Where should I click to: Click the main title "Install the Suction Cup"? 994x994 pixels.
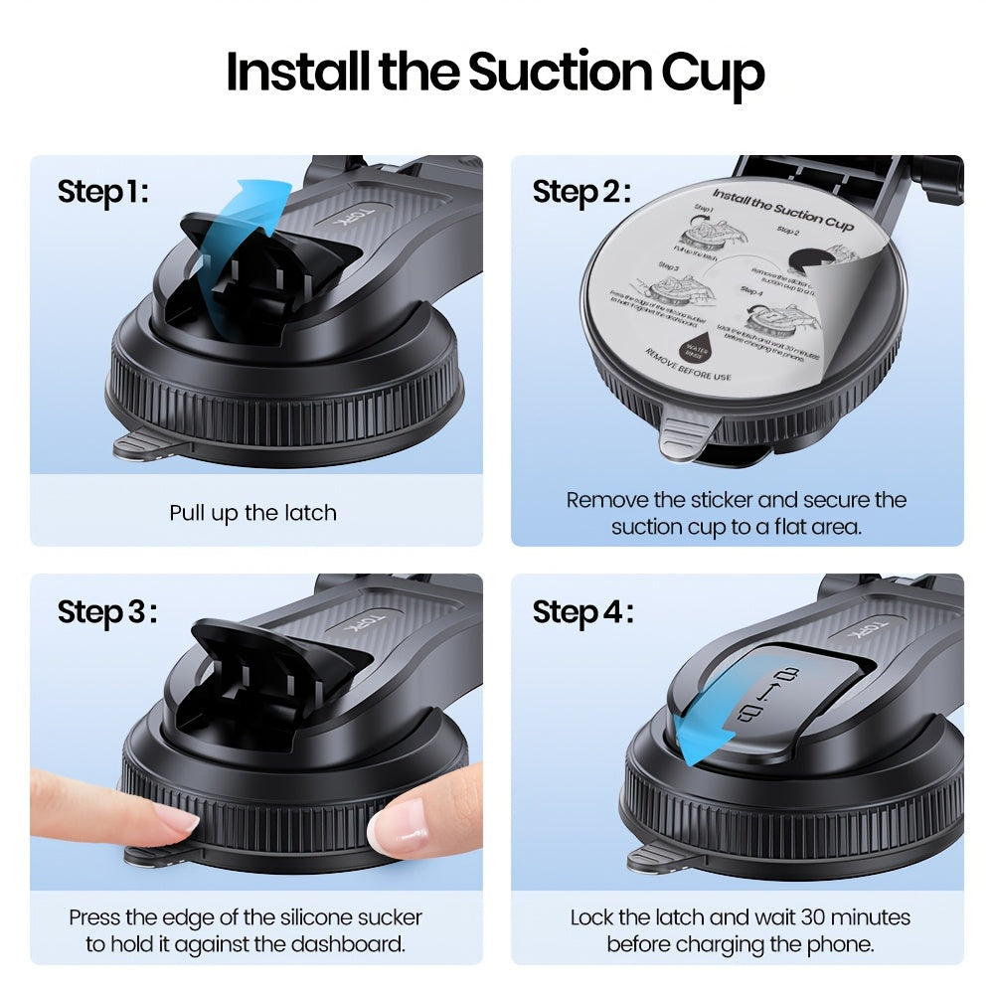pos(496,73)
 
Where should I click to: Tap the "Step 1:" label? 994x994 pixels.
pos(103,191)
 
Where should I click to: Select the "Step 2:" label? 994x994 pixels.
pos(580,191)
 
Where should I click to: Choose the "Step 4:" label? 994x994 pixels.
pos(582,612)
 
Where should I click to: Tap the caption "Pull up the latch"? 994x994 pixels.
pos(252,513)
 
